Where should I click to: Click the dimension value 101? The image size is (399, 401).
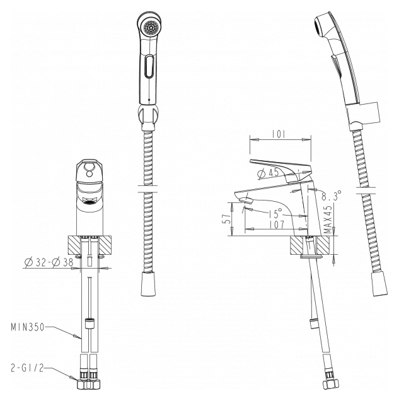click(279, 134)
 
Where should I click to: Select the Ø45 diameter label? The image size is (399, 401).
click(268, 173)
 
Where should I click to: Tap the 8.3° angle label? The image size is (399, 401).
click(332, 195)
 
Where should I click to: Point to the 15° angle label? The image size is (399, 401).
click(275, 212)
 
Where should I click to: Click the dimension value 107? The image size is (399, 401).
click(277, 225)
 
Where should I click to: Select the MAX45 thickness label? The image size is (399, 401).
click(328, 219)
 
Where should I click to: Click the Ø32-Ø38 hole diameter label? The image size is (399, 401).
click(49, 262)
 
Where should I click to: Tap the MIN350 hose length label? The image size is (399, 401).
click(28, 327)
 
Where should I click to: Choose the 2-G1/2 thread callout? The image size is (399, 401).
click(27, 368)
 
